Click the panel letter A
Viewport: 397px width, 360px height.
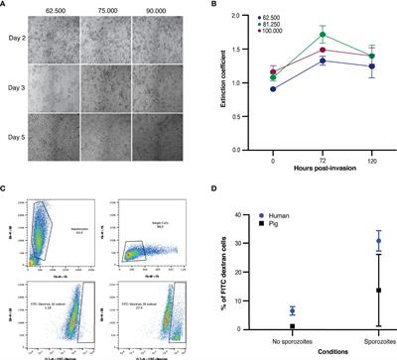[x=5, y=5]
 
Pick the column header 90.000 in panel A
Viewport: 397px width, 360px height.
[x=161, y=6]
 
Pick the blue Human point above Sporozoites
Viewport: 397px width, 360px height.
[x=378, y=241]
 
